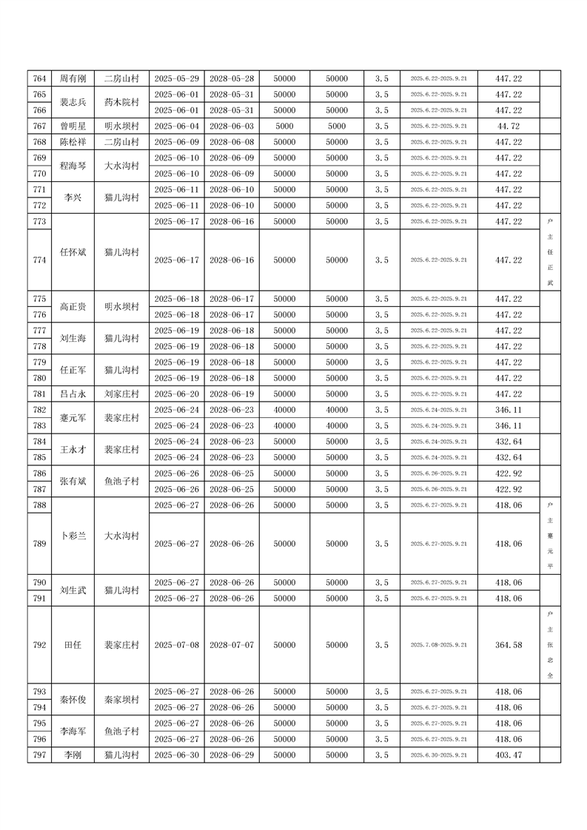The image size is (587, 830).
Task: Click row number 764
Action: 40,78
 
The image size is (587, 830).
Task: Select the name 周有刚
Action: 73,78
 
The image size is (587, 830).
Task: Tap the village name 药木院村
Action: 122,102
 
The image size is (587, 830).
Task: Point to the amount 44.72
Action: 509,126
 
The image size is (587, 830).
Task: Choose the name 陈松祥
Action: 73,142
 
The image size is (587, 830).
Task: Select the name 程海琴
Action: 73,166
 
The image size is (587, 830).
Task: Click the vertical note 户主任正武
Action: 550,252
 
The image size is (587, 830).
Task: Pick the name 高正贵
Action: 73,307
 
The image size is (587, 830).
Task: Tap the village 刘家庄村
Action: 122,394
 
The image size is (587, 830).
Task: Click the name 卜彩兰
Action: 73,536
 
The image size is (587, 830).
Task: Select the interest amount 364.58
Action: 509,645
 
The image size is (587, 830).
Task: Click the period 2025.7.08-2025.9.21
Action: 439,645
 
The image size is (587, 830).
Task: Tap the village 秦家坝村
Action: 122,700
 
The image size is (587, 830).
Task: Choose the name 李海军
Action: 73,732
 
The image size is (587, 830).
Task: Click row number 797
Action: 40,755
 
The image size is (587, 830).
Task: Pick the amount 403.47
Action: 509,755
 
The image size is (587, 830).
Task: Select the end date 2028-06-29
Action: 232,755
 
